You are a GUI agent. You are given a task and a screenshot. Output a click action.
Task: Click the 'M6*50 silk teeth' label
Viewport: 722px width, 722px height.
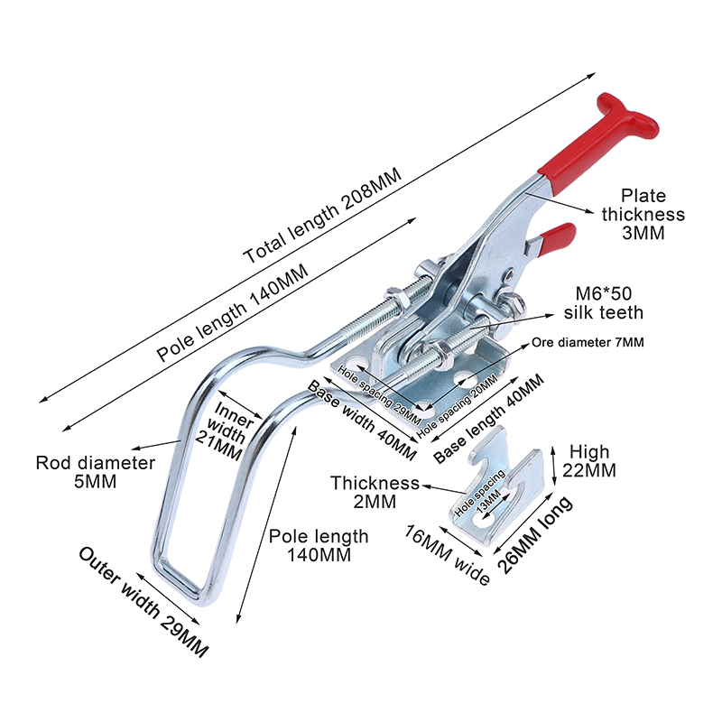click(604, 303)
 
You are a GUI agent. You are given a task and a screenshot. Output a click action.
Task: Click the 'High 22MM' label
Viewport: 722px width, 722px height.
click(591, 460)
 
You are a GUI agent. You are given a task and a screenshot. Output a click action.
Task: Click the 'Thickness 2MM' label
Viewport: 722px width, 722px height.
click(375, 492)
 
